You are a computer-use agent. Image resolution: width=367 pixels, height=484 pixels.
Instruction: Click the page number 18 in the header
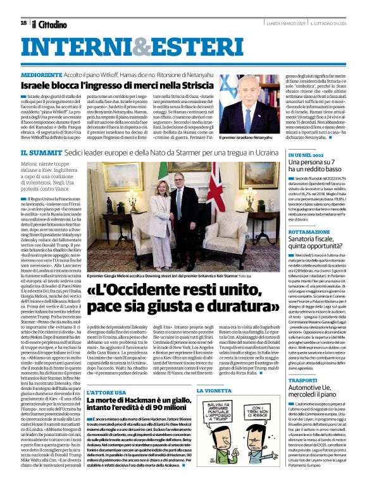click(23, 23)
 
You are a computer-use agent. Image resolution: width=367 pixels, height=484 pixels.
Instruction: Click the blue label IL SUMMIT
click(42, 154)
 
